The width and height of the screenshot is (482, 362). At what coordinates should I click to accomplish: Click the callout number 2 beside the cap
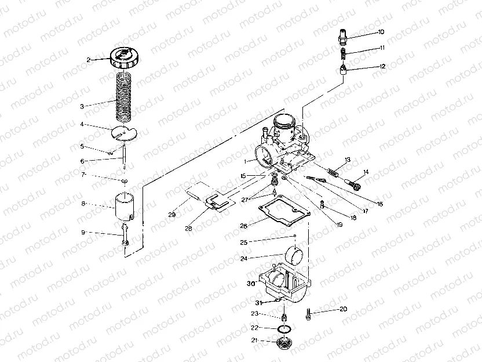point(89,60)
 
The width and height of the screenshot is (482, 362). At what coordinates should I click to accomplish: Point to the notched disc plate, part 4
point(125,133)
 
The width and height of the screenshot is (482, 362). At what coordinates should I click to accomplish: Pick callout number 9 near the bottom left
point(83,232)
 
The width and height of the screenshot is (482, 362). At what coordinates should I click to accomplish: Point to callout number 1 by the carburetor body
point(246,161)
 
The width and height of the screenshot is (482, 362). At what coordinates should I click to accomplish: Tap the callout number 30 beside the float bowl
point(250,283)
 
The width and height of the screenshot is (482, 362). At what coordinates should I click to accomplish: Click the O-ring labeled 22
point(283,329)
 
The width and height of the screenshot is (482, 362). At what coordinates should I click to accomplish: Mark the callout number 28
point(188,229)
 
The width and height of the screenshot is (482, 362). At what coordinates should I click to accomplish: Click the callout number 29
point(171,215)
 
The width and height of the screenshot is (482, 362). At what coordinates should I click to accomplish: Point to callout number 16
point(380,204)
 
